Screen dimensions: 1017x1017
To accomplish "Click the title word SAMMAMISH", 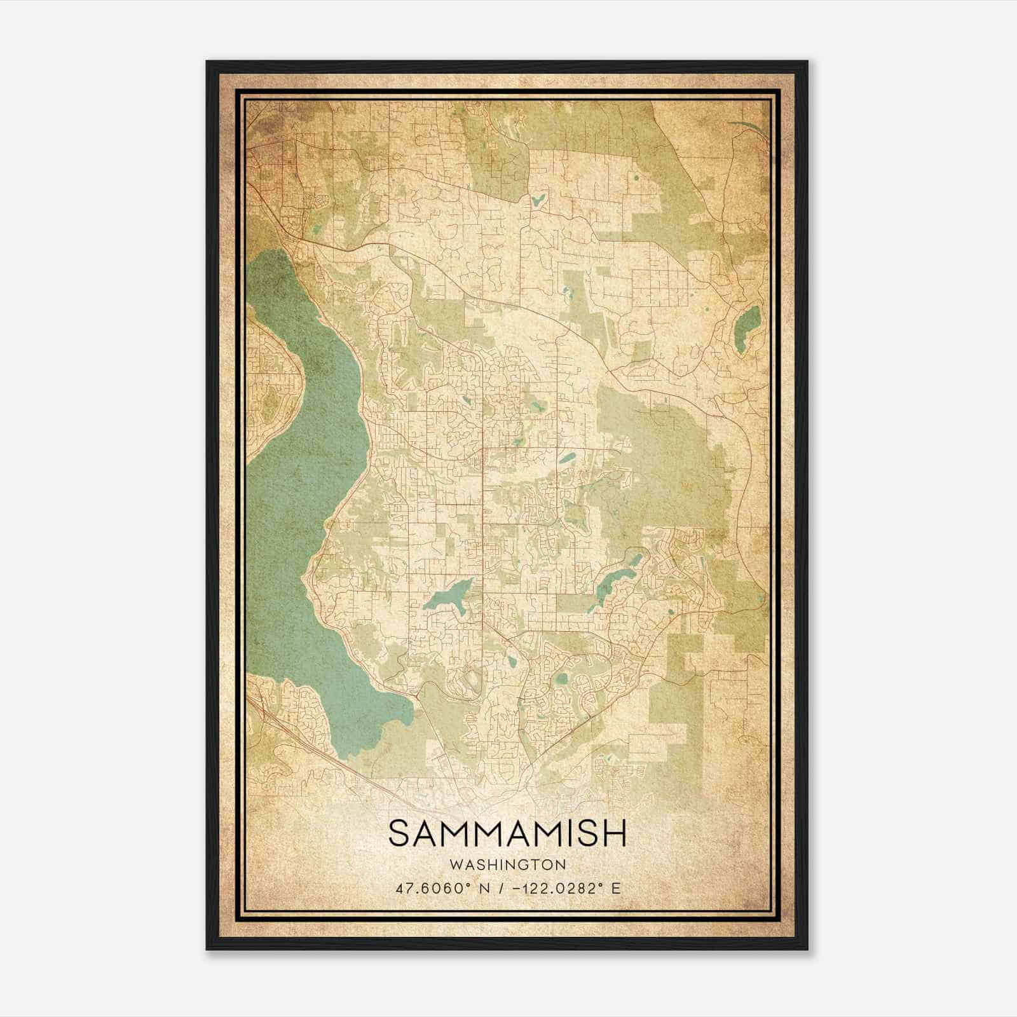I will point(507,833).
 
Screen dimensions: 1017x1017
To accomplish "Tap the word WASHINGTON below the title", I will point(507,864).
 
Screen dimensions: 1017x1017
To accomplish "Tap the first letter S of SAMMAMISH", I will point(400,833).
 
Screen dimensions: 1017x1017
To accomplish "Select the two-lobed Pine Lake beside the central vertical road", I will point(447,596).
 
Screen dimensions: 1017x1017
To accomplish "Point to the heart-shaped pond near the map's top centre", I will point(538,201).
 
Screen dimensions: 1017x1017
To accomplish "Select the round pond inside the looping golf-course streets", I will point(560,679).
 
